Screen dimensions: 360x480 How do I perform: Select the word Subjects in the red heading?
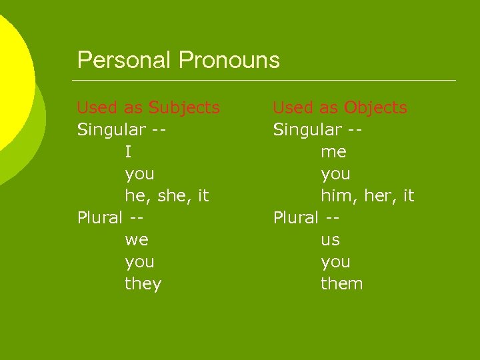tap(184, 107)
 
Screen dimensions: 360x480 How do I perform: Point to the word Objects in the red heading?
tap(375, 107)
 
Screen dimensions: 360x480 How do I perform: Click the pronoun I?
tap(128, 152)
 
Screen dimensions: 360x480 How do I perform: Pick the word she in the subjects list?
tap(177, 196)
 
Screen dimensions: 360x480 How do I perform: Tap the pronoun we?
tap(137, 240)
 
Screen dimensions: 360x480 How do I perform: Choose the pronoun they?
tap(143, 284)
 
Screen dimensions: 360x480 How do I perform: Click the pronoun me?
tap(333, 152)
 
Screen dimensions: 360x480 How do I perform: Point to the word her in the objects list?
tap(376, 196)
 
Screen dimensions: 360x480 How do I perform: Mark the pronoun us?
tap(330, 240)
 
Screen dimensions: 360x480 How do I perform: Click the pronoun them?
tap(342, 284)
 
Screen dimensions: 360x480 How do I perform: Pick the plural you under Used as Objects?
tap(335, 262)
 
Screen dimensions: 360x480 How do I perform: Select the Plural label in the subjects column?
tap(100, 217)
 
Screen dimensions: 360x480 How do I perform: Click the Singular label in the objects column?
tap(307, 129)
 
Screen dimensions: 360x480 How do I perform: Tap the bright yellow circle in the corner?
tap(12, 73)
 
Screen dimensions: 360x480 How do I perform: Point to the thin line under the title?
tap(267, 81)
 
